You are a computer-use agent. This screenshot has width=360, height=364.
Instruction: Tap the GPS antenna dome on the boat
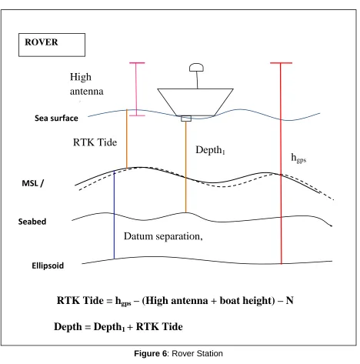pyautogui.click(x=196, y=68)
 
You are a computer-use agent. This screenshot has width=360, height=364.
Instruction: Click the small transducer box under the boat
pyautogui.click(x=186, y=119)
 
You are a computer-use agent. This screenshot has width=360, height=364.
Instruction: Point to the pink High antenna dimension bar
pyautogui.click(x=137, y=89)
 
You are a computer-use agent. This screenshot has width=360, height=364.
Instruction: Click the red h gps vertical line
pyautogui.click(x=281, y=163)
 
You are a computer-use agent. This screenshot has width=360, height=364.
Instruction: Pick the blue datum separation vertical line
pyautogui.click(x=114, y=215)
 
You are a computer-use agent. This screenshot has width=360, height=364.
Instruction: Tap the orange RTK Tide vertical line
pyautogui.click(x=127, y=139)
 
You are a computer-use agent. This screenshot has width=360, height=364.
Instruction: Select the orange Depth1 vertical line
pyautogui.click(x=186, y=167)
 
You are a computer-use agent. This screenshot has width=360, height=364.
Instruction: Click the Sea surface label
pyautogui.click(x=56, y=119)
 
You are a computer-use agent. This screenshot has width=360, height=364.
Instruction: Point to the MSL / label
pyautogui.click(x=33, y=183)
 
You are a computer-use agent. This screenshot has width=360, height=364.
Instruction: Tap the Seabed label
pyautogui.click(x=32, y=222)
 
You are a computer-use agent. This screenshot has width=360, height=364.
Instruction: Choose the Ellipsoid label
pyautogui.click(x=48, y=265)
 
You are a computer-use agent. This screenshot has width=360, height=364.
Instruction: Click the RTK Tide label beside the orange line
pyautogui.click(x=95, y=142)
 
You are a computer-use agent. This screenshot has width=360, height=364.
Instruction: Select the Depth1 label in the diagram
pyautogui.click(x=210, y=150)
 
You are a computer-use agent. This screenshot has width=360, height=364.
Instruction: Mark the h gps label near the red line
pyautogui.click(x=298, y=158)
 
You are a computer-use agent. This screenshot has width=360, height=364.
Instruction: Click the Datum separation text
pyautogui.click(x=163, y=236)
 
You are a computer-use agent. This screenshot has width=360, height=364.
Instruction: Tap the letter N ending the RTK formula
pyautogui.click(x=289, y=300)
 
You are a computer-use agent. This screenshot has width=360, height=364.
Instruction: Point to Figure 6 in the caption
pyautogui.click(x=151, y=353)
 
